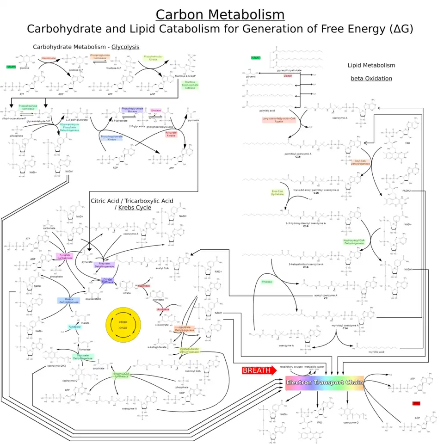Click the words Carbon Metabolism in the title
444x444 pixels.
pos(220,14)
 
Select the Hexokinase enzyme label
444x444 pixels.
pos(49,58)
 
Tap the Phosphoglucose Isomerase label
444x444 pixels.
pos(100,57)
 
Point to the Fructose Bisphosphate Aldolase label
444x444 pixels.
pos(190,85)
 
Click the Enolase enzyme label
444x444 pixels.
pos(156,111)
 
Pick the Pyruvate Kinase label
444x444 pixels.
pos(171,134)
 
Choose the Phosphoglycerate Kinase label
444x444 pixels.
pos(111,138)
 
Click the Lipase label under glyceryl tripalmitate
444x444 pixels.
pos(288,75)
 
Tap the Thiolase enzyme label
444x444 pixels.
pos(266,282)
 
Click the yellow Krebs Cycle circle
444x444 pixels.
pos(123,325)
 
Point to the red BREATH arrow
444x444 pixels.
pos(259,370)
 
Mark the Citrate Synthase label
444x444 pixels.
pos(108,281)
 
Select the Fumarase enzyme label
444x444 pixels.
pos(75,327)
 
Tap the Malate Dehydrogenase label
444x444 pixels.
pos(68,301)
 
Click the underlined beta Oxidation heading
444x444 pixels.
pos(371,79)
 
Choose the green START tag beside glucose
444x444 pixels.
pos(11,67)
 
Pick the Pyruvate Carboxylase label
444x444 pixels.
pos(65,256)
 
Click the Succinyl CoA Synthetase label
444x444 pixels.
pos(121,375)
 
